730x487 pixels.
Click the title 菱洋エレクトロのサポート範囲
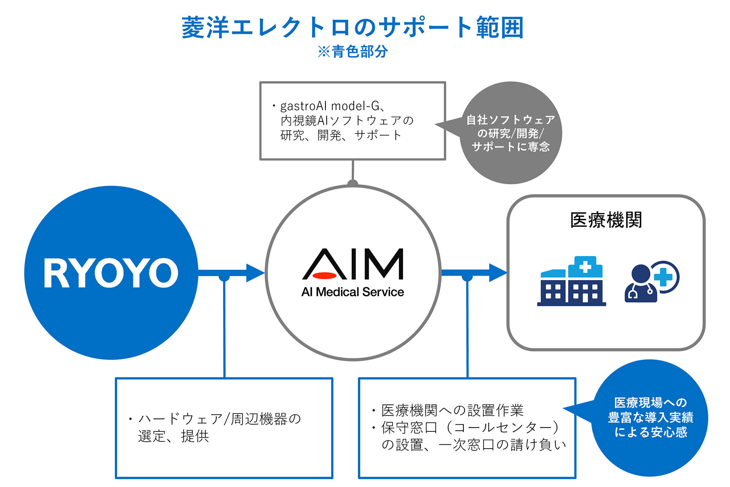[x=352, y=27]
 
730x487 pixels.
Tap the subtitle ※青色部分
[x=352, y=52]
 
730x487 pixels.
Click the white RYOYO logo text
[x=111, y=273]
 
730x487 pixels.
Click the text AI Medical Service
[x=352, y=292]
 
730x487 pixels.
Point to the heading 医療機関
[x=606, y=220]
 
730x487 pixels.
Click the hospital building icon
[x=571, y=282]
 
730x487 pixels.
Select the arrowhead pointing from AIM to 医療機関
[x=497, y=273]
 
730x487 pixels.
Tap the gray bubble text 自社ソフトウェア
[x=511, y=120]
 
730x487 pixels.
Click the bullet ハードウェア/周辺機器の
[x=219, y=419]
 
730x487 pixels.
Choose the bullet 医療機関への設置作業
[x=452, y=411]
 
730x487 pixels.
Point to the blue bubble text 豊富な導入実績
[x=651, y=418]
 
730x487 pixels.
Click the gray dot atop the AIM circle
[x=353, y=183]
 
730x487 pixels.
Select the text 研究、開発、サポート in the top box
[x=341, y=135]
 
